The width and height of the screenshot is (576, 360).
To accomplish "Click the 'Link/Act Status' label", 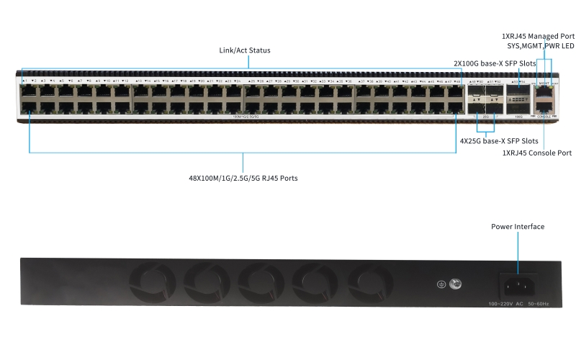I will click(x=244, y=50).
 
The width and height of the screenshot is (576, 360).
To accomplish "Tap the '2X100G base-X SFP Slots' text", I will click(x=495, y=63).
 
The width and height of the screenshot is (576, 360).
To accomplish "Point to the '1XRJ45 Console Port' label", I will click(x=536, y=153).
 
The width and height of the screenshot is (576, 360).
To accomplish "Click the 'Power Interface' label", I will click(x=518, y=227).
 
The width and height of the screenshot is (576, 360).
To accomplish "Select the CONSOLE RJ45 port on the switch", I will click(x=544, y=107).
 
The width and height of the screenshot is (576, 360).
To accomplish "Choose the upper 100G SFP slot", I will click(x=517, y=93).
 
